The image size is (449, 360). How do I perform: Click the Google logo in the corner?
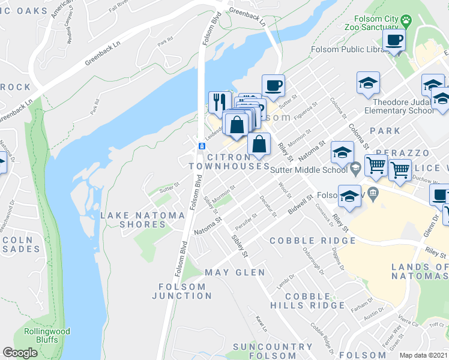point(20,353)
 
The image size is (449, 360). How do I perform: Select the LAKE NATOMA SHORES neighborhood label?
point(142,220)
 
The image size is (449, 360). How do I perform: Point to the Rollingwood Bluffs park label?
point(47,335)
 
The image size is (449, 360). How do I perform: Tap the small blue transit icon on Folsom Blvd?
point(202,146)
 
